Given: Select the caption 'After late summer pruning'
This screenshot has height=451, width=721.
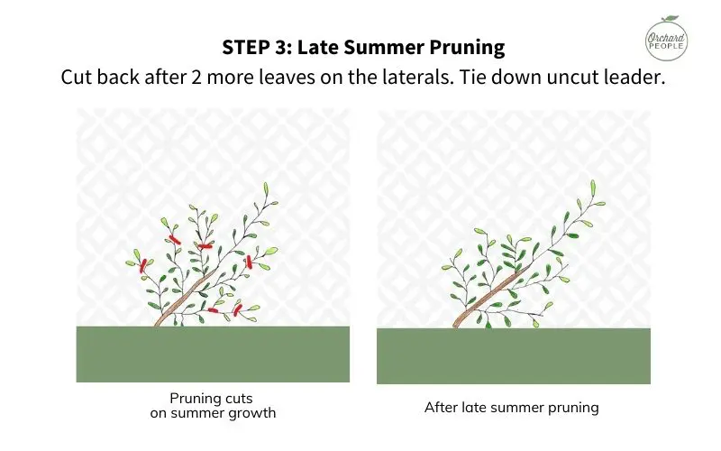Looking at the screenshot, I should (512, 408).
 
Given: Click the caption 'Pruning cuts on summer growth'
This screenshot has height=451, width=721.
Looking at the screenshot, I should (213, 406).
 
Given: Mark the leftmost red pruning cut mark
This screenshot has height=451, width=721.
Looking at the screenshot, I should (143, 265).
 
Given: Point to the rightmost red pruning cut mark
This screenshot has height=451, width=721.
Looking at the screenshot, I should (248, 262).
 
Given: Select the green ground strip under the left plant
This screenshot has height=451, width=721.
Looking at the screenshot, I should (213, 354).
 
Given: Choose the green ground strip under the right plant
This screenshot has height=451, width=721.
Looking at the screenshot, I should (513, 355).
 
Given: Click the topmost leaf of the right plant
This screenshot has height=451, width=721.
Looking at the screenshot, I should (592, 188).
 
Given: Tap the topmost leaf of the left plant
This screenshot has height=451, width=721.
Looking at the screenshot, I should (266, 189).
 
